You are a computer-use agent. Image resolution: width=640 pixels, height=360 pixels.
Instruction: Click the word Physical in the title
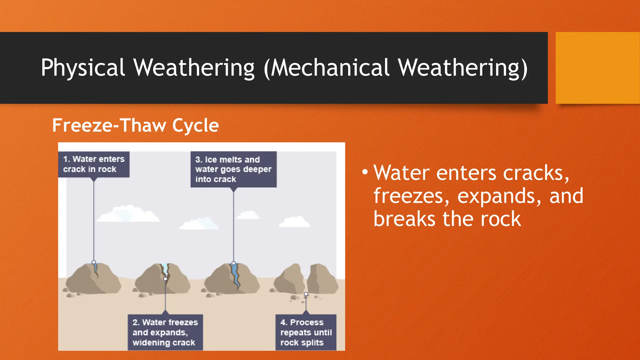(x=83, y=68)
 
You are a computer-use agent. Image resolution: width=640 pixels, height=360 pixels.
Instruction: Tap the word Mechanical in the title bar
(x=331, y=68)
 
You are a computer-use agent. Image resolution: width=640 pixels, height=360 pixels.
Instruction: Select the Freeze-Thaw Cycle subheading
(x=135, y=125)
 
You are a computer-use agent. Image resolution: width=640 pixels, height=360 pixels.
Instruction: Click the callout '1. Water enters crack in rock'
(x=94, y=164)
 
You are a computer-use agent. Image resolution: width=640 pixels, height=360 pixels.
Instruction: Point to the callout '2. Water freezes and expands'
(x=165, y=332)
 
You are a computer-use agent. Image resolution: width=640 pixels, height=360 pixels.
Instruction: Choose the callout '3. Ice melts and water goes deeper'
(x=233, y=169)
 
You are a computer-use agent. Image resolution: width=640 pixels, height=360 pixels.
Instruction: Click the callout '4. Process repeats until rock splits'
(x=306, y=332)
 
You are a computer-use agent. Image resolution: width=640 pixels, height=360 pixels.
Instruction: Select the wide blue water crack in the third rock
(x=235, y=275)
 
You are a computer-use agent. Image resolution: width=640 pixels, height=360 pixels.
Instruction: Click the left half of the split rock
(x=289, y=279)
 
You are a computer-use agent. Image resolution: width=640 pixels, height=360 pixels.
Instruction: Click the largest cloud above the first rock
(x=128, y=214)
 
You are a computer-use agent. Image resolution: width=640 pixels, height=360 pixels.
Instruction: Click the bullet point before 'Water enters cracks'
(x=365, y=172)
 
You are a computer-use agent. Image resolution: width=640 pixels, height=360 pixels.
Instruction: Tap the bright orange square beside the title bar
(x=597, y=68)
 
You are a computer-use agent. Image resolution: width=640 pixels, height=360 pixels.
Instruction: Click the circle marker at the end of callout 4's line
(x=306, y=294)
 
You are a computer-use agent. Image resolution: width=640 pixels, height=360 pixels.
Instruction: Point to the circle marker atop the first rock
(x=94, y=262)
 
